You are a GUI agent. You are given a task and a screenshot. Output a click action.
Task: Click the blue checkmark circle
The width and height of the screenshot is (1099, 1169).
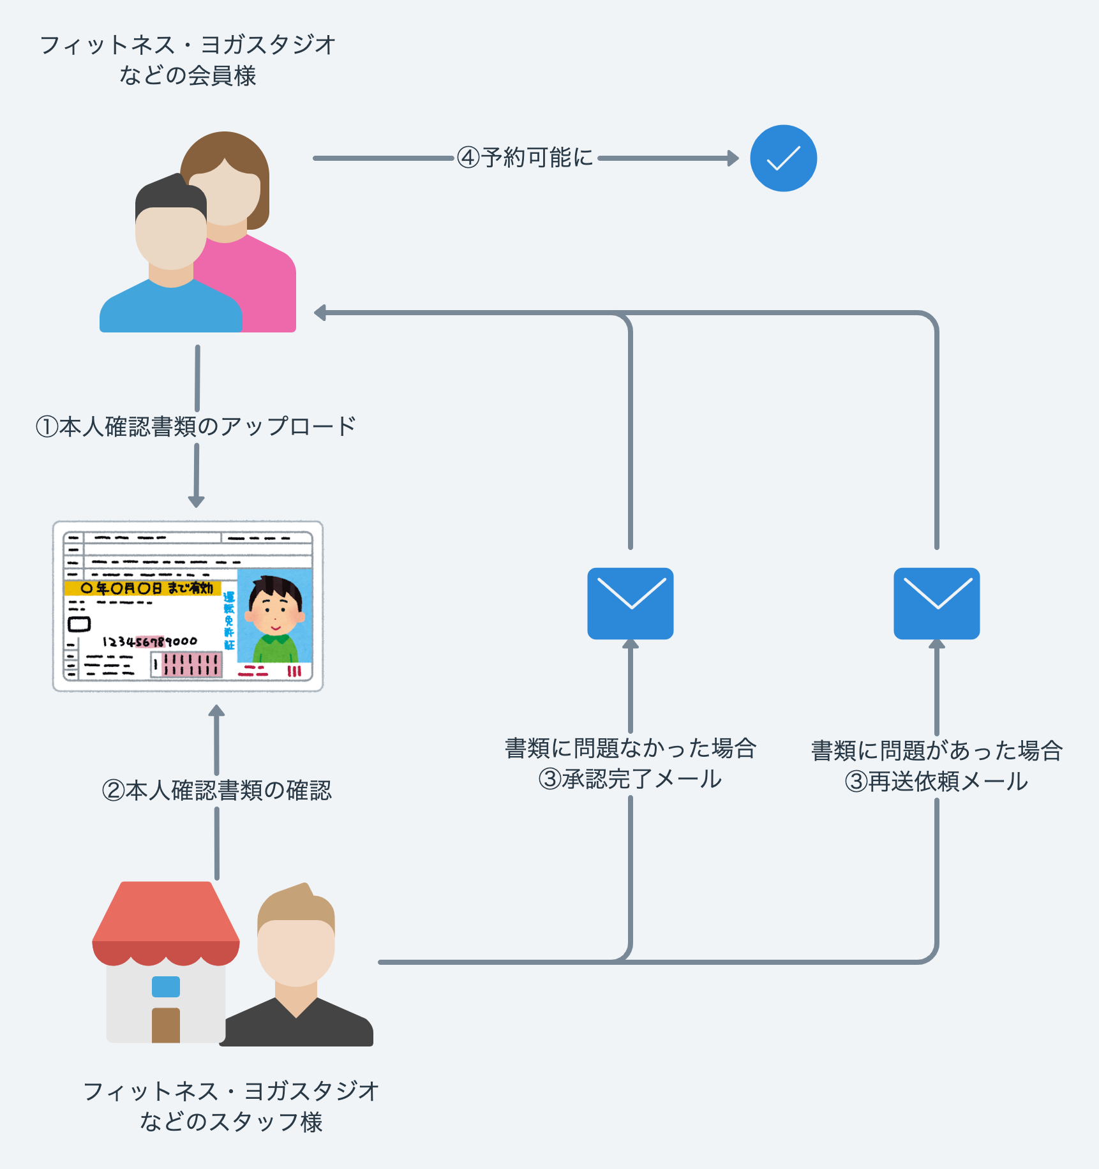783,158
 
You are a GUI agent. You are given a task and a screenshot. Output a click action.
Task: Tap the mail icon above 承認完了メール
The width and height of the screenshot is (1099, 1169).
631,603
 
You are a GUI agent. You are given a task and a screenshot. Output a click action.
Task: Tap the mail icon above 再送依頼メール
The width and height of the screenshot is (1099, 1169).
936,603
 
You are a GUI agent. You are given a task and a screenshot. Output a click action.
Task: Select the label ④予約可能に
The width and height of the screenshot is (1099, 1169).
525,158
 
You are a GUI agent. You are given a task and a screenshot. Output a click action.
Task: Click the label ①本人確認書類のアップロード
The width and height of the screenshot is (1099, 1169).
196,426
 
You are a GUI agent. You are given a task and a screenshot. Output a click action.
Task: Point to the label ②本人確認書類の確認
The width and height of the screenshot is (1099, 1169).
217,791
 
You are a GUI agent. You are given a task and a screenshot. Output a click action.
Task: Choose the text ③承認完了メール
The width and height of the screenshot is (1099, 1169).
631,779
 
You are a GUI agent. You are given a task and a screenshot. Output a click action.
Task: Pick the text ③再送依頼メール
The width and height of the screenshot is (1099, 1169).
936,782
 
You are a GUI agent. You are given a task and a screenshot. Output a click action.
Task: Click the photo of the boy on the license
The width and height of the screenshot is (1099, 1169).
275,616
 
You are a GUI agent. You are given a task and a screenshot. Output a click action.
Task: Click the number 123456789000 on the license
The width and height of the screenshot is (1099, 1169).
150,641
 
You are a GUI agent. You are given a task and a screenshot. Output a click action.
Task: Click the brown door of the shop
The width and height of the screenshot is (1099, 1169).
166,1025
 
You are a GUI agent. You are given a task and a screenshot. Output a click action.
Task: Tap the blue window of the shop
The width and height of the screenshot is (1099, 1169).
166,987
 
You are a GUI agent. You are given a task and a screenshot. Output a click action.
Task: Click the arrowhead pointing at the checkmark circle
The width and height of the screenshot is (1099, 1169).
733,158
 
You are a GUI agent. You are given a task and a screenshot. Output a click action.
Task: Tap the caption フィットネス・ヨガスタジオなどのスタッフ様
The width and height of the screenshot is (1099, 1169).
231,1106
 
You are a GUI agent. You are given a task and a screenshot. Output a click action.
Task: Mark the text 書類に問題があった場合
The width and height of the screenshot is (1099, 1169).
936,750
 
